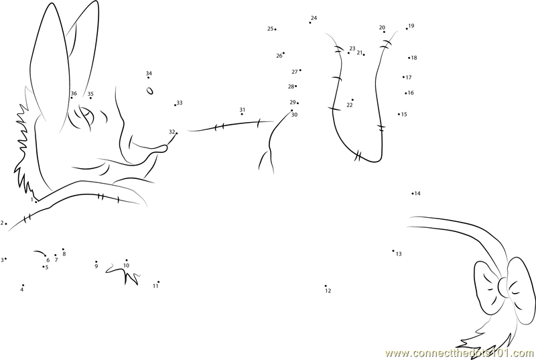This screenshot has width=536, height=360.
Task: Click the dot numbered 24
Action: [310, 23]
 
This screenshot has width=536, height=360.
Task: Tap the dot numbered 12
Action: [326, 286]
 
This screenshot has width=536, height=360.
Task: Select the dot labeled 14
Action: [413, 194]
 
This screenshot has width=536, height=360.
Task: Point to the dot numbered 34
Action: [148, 78]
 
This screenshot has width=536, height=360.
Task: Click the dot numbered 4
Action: [23, 285]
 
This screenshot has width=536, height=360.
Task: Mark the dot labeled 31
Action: [242, 114]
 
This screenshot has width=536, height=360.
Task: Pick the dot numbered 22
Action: [352, 100]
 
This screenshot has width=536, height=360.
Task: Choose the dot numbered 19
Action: [407, 29]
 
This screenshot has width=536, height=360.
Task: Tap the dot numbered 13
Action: [393, 251]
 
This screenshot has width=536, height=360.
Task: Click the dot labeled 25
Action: [275, 29]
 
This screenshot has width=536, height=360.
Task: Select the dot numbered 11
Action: [158, 282]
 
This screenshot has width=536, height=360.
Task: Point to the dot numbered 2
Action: [6, 224]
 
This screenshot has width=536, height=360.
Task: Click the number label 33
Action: [180, 103]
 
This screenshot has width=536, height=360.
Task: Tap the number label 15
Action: [404, 115]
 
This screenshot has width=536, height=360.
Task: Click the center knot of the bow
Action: [504, 287]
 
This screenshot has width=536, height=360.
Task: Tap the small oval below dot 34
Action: [149, 91]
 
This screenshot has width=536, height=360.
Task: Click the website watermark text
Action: [460, 353]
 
